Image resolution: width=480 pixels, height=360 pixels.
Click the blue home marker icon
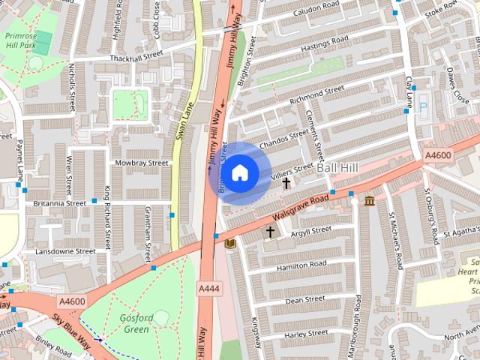click(238, 173)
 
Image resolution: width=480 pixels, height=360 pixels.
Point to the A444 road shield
click(208, 288)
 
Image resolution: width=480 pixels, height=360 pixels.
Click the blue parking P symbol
click(422, 107)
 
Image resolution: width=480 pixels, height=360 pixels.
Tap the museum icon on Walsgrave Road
click(370, 201)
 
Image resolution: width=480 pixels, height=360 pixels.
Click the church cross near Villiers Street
click(286, 182)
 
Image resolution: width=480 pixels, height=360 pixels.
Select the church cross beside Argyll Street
click(270, 232)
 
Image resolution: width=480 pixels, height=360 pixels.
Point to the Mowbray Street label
click(141, 162)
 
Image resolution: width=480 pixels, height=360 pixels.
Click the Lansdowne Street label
click(65, 251)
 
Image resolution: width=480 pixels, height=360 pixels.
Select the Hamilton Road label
click(301, 265)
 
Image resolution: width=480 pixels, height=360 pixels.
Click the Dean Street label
click(304, 299)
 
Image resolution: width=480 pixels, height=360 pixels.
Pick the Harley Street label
click(307, 333)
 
